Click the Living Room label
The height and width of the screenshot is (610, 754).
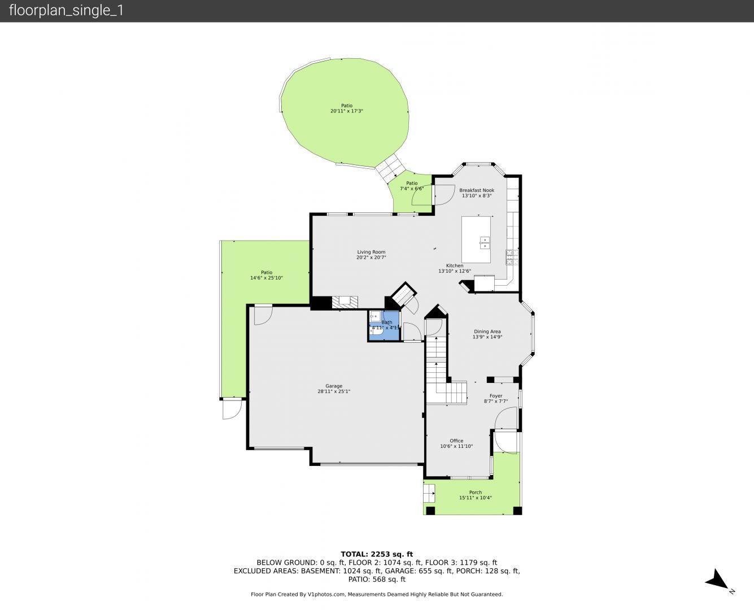click(x=371, y=252)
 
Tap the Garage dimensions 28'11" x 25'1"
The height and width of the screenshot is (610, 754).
click(x=334, y=391)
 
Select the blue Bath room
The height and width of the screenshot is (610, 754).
click(x=383, y=326)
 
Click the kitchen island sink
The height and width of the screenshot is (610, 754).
click(x=484, y=243)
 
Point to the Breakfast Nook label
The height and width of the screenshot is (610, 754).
click(x=477, y=190)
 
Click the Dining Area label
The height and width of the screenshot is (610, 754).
click(x=487, y=332)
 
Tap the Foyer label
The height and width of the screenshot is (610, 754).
click(x=496, y=396)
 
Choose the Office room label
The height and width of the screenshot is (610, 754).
click(x=456, y=441)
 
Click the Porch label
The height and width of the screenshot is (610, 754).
click(x=476, y=492)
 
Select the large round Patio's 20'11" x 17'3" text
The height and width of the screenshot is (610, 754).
click(x=347, y=111)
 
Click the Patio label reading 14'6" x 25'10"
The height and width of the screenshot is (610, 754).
click(x=267, y=278)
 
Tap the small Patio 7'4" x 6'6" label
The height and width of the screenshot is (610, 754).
click(x=412, y=189)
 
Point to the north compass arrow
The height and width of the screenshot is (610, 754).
click(x=717, y=580)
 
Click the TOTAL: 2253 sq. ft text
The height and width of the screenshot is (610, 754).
click(x=377, y=555)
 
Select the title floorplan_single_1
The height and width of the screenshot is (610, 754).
click(x=66, y=10)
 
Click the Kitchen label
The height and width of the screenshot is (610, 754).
click(x=455, y=265)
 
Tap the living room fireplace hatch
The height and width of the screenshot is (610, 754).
click(x=345, y=302)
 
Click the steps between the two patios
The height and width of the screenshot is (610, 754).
click(x=390, y=167)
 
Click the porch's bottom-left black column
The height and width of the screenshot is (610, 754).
click(x=430, y=511)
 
